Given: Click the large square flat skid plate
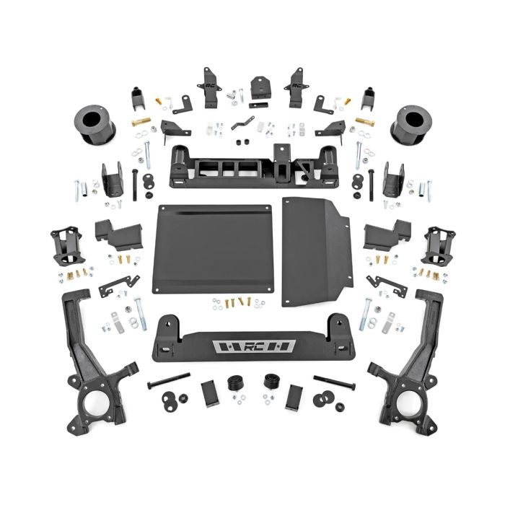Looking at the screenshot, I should pos(216,249).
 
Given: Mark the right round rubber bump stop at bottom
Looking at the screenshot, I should pos(272,382).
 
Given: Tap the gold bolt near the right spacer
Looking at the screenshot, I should pos(364,122).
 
